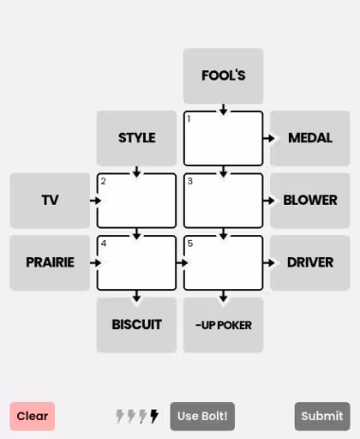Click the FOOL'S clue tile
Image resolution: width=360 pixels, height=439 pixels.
tap(223, 75)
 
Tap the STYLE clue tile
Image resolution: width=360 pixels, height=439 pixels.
tap(136, 138)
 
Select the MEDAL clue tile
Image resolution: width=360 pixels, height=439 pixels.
tap(310, 138)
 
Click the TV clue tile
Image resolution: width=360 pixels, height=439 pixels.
tap(50, 201)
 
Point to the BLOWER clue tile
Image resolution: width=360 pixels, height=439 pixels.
tap(310, 201)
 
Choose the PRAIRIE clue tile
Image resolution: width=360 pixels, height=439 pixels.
tap(50, 262)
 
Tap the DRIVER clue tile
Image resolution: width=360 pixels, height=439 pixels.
tap(310, 262)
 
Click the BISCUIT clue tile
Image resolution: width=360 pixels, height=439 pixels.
tap(136, 325)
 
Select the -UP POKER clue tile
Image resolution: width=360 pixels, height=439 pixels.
tap(223, 325)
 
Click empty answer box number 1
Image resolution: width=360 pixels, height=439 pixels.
tap(223, 138)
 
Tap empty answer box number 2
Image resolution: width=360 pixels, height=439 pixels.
tap(136, 201)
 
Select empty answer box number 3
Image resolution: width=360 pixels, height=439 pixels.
tap(223, 201)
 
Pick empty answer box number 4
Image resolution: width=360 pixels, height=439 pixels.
tap(136, 262)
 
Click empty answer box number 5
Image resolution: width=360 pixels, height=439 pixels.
tap(223, 262)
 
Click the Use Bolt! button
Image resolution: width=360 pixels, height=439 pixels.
tap(202, 416)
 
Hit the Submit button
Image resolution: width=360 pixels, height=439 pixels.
tap(322, 416)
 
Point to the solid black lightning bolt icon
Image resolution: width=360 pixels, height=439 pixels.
tap(154, 416)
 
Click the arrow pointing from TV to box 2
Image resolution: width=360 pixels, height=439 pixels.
tap(95, 201)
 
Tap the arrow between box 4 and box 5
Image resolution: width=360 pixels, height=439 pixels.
tap(182, 262)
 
